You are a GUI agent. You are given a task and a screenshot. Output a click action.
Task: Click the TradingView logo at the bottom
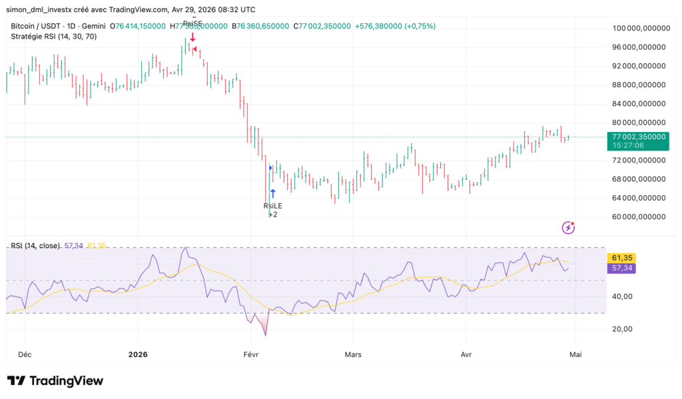pos(55,381)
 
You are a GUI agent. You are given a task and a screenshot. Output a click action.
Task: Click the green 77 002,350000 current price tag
pos(638,136)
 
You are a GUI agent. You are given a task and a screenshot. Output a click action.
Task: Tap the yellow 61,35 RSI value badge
pos(621,258)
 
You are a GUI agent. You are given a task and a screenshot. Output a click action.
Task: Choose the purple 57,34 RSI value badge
pos(621,268)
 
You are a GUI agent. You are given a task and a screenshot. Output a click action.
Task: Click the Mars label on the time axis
pos(353,355)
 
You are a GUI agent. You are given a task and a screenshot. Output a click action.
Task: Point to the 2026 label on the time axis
pos(138,355)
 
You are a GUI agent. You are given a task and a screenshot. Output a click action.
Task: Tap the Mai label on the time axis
pos(575,355)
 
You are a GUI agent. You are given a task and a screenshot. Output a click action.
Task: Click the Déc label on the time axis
pos(25,355)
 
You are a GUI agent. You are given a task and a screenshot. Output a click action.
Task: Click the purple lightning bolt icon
pos(569,228)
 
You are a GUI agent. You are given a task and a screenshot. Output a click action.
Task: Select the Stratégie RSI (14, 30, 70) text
pos(54,36)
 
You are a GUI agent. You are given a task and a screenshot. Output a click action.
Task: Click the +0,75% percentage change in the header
pos(423,26)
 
